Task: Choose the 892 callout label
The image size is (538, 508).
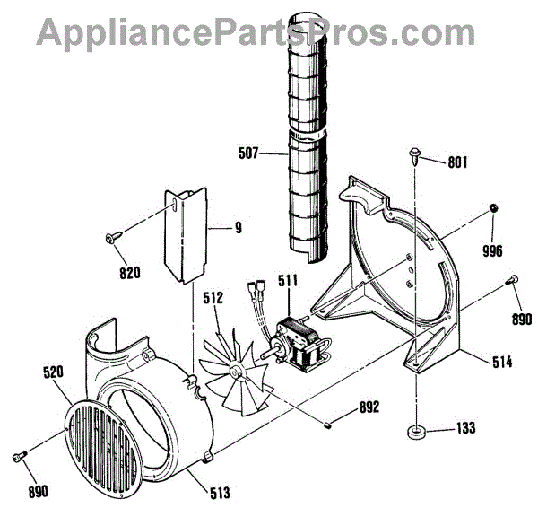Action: click(x=368, y=407)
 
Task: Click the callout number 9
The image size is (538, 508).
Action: click(x=239, y=228)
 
